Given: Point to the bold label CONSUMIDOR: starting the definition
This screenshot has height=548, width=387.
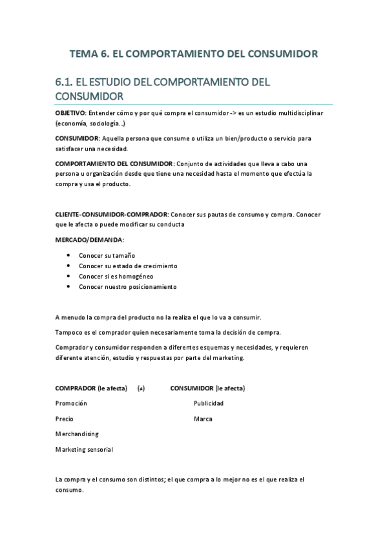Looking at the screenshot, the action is coord(76,138).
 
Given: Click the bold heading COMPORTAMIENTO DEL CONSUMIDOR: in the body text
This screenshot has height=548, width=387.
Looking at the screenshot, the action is coord(114,163).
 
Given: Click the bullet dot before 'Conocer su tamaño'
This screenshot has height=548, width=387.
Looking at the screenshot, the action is coord(68,255).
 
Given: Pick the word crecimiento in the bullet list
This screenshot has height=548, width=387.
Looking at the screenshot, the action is coord(158,266).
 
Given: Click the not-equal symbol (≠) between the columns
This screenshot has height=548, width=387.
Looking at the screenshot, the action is coord(141,388).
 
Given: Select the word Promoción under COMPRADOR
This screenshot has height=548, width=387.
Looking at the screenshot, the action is coord(71,403).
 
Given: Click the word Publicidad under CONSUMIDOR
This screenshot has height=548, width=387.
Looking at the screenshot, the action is coord(209,403).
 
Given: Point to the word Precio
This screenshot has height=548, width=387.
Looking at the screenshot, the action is coord(65,419).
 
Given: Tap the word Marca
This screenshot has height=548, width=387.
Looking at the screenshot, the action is coord(203,419).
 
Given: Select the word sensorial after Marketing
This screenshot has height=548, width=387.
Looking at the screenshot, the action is coord(98,450).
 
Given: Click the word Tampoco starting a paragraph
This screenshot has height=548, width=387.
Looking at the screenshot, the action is coord(70,332).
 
